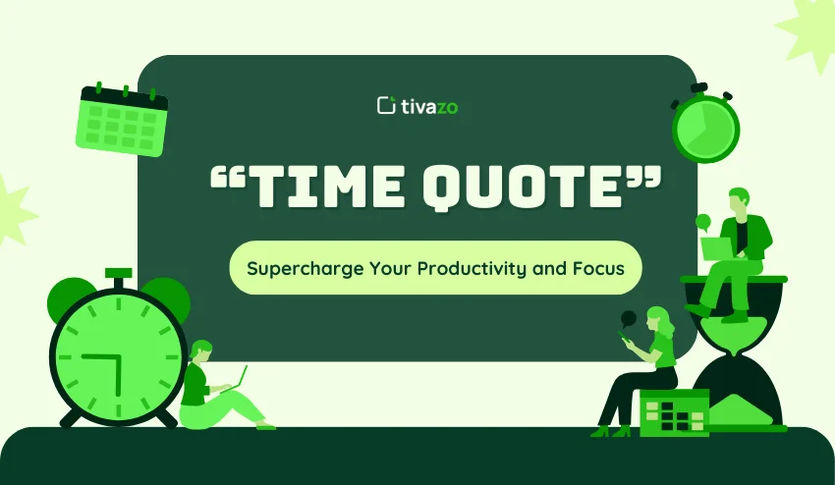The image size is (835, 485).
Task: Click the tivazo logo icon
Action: point(385,105)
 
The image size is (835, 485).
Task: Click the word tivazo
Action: point(429,106)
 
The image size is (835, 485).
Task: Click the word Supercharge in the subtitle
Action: point(296,267)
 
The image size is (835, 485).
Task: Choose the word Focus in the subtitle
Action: point(598,267)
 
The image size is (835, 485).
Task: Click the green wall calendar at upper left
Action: point(122,121)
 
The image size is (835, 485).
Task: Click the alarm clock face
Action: point(118,350)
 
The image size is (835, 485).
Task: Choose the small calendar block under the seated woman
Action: point(674,412)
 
